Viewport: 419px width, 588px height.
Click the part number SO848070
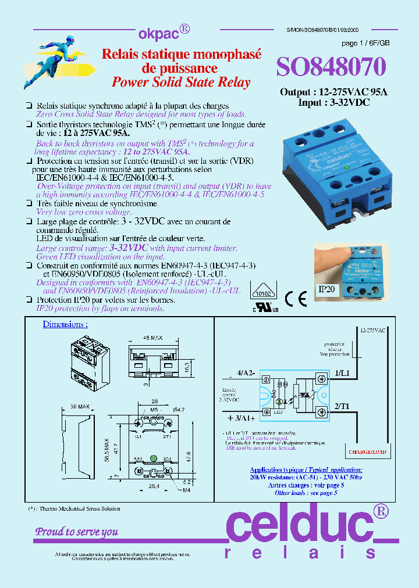coord(330,67)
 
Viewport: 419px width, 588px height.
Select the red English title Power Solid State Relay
coord(180,82)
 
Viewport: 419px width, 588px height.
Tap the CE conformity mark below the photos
coord(296,297)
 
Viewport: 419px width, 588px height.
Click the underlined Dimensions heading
coord(65,324)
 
